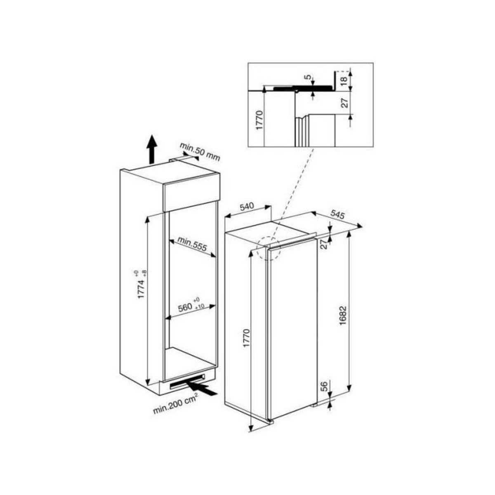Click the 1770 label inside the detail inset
tap(259, 120)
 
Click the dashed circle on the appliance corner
tap(268, 249)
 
